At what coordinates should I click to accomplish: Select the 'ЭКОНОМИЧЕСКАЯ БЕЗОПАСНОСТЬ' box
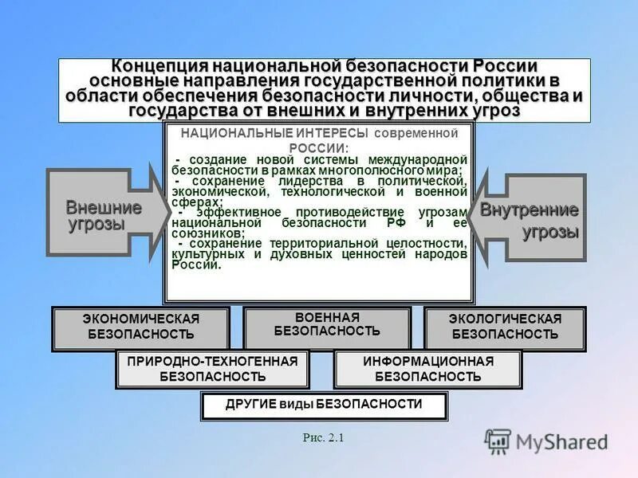pos(141,327)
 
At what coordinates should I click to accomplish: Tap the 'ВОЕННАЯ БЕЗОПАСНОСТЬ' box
pos(327,324)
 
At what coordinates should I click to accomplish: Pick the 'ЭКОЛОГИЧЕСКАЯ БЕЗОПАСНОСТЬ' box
pos(505,327)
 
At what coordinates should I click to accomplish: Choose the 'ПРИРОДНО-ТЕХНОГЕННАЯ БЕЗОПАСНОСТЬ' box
pos(212,369)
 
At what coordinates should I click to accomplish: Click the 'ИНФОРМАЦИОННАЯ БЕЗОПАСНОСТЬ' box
pos(428,369)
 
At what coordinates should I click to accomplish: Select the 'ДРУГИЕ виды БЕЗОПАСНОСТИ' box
pos(323,405)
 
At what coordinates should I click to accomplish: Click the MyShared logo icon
pos(498,441)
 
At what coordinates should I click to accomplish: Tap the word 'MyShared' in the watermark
pos(561,441)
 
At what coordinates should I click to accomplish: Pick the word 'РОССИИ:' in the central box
pos(319,148)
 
